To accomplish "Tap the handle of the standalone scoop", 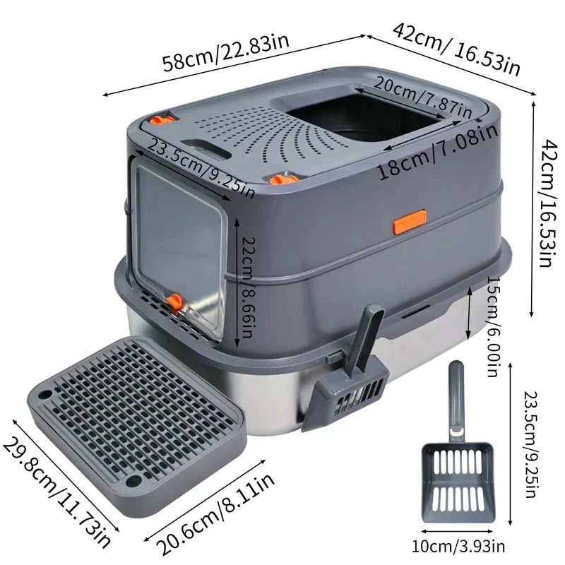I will [456, 395].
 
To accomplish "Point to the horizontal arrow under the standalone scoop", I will [458, 530].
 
